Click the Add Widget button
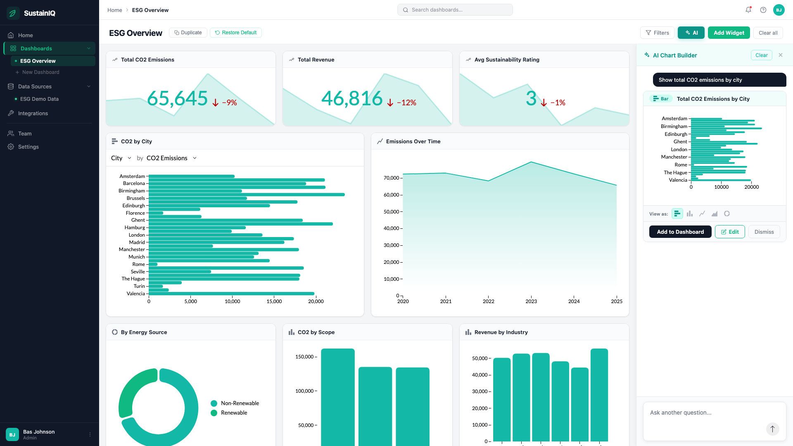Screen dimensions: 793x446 (729, 33)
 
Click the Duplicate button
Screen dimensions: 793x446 (188, 33)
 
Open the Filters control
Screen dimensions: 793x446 (657, 33)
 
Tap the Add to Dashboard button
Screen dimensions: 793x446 (680, 232)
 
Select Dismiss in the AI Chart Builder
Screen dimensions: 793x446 (764, 232)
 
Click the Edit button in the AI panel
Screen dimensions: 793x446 (730, 232)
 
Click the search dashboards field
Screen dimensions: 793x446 (455, 10)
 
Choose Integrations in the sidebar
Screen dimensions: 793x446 (33, 113)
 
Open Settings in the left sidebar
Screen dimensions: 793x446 (28, 147)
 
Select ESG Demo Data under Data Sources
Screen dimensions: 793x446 (39, 99)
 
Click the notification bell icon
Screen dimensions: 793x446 (748, 10)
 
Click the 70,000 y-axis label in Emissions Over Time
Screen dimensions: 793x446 (391, 178)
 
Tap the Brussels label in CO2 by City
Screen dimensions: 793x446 (136, 198)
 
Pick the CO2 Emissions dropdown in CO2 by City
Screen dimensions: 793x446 (171, 158)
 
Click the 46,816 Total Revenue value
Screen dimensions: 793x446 (352, 98)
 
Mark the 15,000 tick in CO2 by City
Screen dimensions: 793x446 (274, 301)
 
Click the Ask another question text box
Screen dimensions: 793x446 (715, 420)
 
